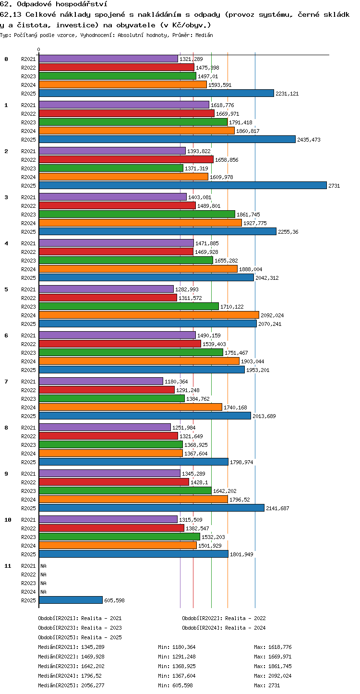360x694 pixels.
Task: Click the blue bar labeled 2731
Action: click(x=183, y=185)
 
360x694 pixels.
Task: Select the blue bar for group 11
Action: click(x=71, y=600)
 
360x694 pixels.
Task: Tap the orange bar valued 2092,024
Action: click(x=149, y=315)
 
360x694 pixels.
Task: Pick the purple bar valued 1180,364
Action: click(x=101, y=381)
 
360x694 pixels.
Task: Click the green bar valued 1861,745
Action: click(x=137, y=214)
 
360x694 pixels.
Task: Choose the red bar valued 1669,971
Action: click(x=127, y=113)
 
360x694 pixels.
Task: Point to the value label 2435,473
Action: click(x=309, y=140)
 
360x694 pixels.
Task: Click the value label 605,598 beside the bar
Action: click(x=114, y=600)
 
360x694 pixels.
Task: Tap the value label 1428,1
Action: click(x=199, y=482)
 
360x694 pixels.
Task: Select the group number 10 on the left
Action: click(x=8, y=520)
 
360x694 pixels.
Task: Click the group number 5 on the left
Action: click(x=6, y=289)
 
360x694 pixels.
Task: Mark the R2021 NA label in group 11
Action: click(x=43, y=566)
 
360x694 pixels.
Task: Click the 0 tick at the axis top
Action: click(x=39, y=49)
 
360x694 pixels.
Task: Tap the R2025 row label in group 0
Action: click(x=28, y=94)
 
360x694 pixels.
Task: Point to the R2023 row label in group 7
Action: click(x=28, y=399)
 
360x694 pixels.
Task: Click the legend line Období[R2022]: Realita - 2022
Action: click(x=224, y=618)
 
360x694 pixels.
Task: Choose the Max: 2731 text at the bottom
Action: click(x=267, y=685)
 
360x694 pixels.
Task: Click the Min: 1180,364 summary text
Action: click(x=177, y=647)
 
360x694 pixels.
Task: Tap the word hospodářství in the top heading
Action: click(x=82, y=4)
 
